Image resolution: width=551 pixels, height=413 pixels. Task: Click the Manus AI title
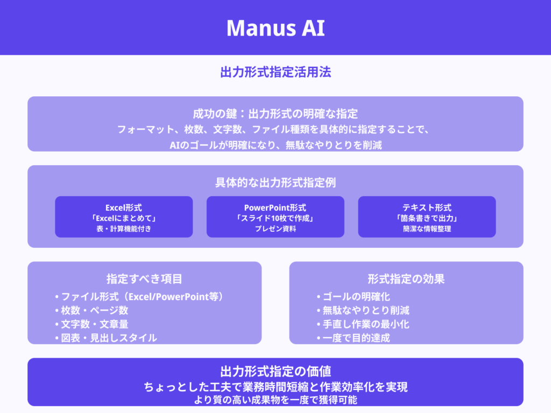pyautogui.click(x=275, y=28)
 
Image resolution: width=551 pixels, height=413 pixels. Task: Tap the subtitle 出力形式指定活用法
pyautogui.click(x=275, y=72)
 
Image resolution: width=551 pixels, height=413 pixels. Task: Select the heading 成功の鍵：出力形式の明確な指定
pyautogui.click(x=275, y=113)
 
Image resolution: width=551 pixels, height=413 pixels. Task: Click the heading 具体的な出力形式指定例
pyautogui.click(x=275, y=182)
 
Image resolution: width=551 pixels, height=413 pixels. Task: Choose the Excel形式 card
pyautogui.click(x=124, y=217)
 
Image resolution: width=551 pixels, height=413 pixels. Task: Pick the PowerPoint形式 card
pyautogui.click(x=275, y=217)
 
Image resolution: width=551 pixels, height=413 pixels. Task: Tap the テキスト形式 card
pyautogui.click(x=427, y=217)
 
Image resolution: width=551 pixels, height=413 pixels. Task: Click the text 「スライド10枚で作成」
pyautogui.click(x=275, y=218)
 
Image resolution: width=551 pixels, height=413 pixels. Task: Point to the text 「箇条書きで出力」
pyautogui.click(x=427, y=218)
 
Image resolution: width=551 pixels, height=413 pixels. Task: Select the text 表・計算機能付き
pyautogui.click(x=124, y=229)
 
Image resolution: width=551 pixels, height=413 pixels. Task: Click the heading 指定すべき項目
pyautogui.click(x=144, y=279)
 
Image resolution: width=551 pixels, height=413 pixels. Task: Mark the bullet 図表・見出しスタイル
pyautogui.click(x=108, y=338)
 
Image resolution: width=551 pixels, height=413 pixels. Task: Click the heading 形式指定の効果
pyautogui.click(x=406, y=279)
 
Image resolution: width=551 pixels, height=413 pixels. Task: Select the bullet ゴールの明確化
pyautogui.click(x=356, y=296)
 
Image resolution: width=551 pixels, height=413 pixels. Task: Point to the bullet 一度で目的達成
pyautogui.click(x=356, y=338)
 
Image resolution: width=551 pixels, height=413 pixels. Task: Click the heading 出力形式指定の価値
pyautogui.click(x=275, y=371)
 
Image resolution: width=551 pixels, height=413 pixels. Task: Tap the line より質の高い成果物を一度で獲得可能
pyautogui.click(x=275, y=400)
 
